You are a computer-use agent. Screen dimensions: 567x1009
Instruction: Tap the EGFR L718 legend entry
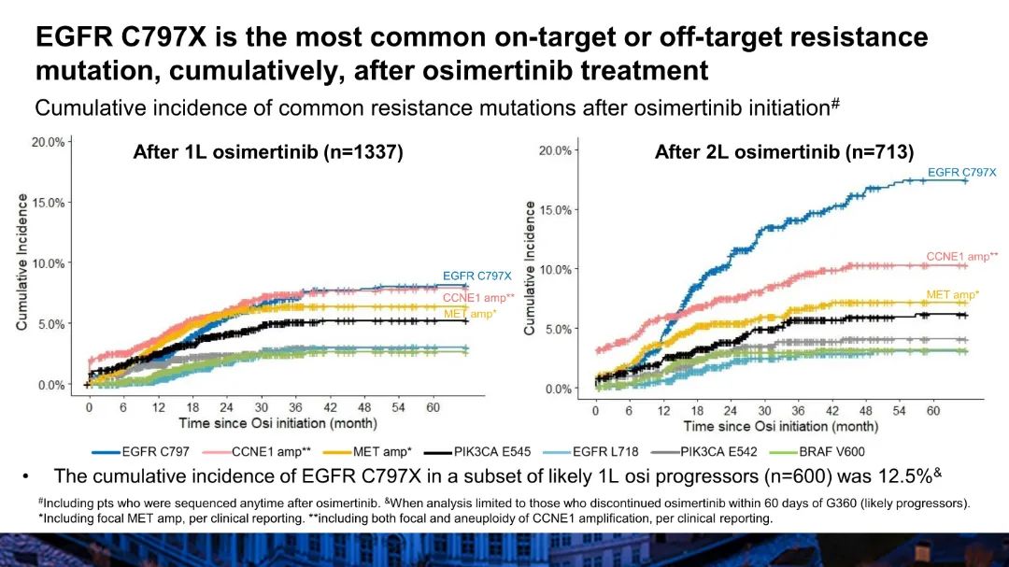[x=603, y=452]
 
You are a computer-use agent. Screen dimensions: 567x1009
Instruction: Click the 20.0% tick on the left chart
[x=50, y=142]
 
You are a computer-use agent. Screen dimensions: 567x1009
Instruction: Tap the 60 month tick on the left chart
[x=433, y=408]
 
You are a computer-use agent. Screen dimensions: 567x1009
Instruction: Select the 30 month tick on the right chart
[x=764, y=411]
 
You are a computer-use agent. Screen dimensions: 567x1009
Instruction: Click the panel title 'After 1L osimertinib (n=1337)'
[x=267, y=152]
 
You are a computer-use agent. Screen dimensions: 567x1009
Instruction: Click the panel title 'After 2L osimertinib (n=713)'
[x=784, y=152]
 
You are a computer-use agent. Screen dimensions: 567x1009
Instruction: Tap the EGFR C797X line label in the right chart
[x=961, y=173]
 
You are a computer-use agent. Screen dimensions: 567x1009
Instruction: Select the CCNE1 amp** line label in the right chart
[x=961, y=256]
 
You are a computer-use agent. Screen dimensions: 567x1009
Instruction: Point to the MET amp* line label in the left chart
[x=470, y=313]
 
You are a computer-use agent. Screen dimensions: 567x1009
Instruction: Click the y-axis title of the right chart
[x=530, y=267]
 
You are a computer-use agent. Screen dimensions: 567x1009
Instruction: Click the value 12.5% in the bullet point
[x=903, y=476]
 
